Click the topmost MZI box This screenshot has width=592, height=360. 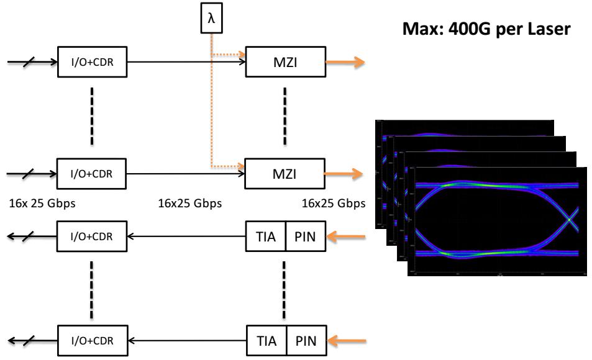pyautogui.click(x=285, y=62)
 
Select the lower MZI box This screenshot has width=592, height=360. pyautogui.click(x=285, y=174)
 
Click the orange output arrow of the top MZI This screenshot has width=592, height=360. pyautogui.click(x=351, y=62)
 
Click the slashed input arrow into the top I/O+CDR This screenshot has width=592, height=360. pyautogui.click(x=31, y=62)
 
